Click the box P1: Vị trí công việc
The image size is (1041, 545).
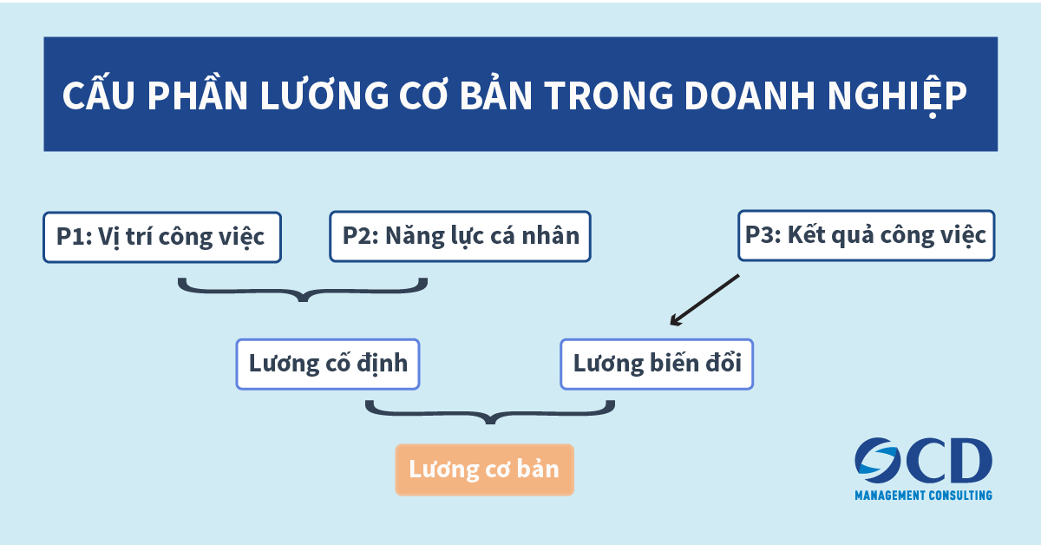[x=162, y=237]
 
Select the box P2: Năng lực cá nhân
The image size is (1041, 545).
[x=460, y=236]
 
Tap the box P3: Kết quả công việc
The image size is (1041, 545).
[x=867, y=235]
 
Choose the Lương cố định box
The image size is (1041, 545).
[x=328, y=364]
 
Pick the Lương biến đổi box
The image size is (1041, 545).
[x=657, y=364]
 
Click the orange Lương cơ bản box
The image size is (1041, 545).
[x=484, y=469]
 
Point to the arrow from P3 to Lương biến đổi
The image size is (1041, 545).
[x=704, y=300]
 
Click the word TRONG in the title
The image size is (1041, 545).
[x=609, y=95]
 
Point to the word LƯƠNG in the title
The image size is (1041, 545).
[x=324, y=95]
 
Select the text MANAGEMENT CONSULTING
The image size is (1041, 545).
[x=923, y=496]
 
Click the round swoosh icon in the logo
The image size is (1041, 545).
[x=877, y=459]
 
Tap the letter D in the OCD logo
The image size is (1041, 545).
[x=970, y=460]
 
